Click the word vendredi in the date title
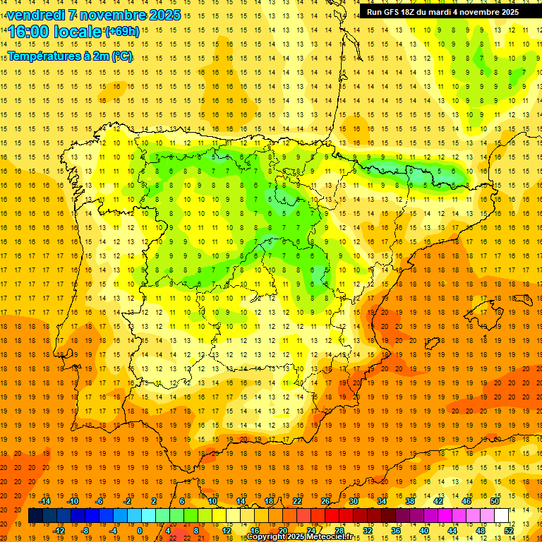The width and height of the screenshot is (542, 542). click(x=36, y=15)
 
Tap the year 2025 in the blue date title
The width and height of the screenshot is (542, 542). click(x=164, y=15)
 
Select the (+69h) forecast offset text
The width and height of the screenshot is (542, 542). click(x=122, y=32)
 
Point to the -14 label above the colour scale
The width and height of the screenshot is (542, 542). click(x=44, y=500)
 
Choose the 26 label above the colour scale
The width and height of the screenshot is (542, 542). click(x=325, y=500)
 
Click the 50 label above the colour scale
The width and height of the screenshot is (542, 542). click(x=495, y=500)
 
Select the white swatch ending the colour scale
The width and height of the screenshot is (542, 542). click(x=502, y=516)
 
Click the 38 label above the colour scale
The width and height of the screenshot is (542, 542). click(x=410, y=500)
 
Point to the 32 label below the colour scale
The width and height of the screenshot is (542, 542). click(x=368, y=531)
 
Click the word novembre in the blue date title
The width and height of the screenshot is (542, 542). click(x=112, y=15)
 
